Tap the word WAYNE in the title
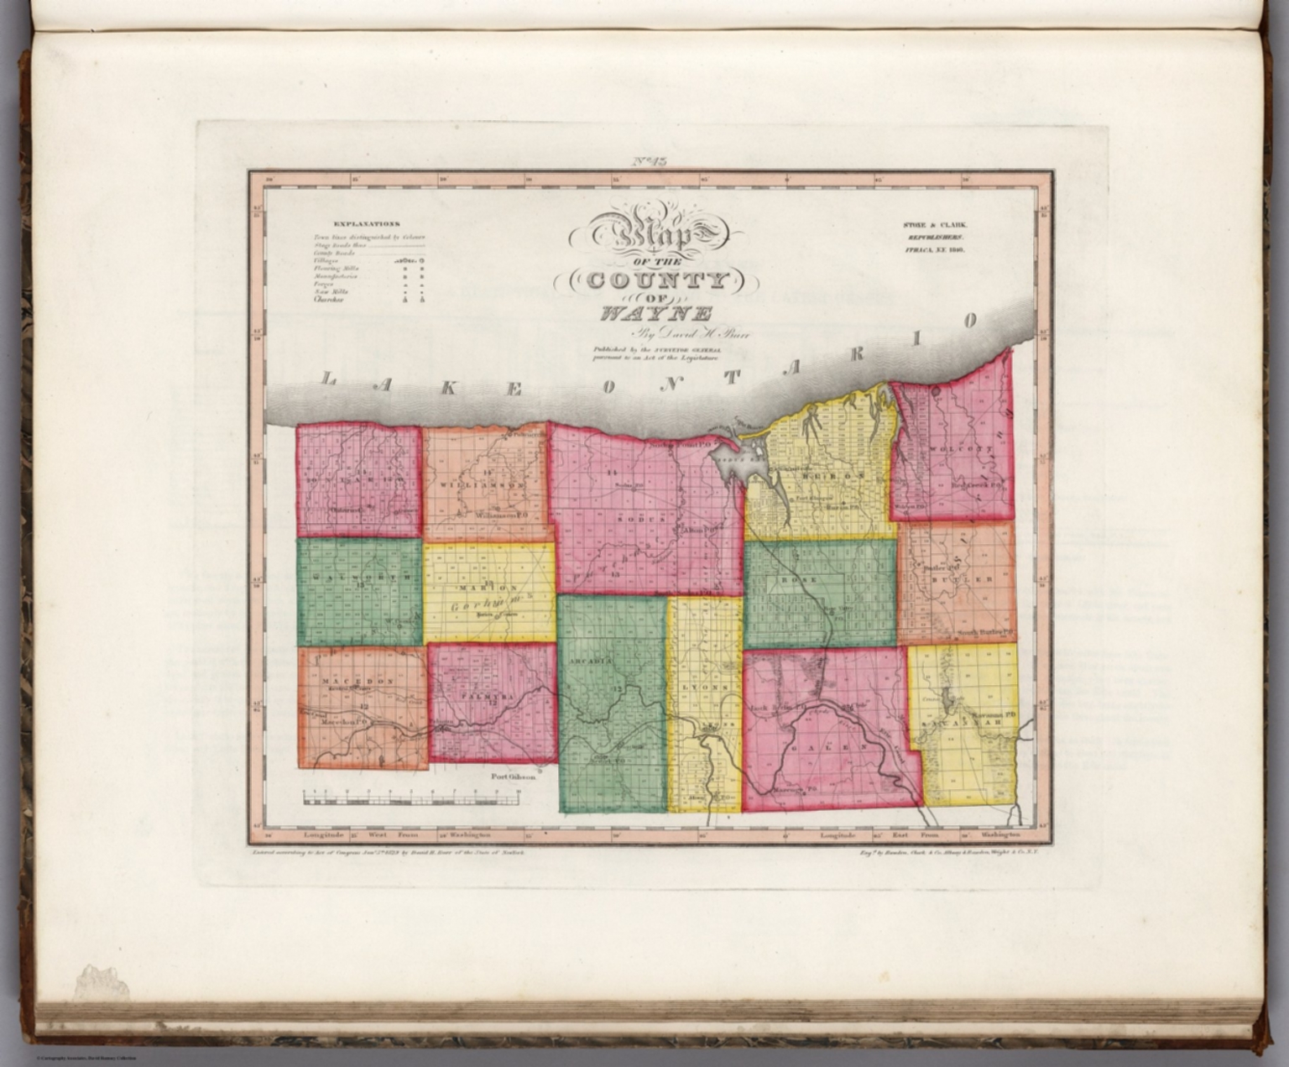pyautogui.click(x=655, y=315)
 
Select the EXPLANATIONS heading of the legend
pyautogui.click(x=367, y=224)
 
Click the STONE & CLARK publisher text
pyautogui.click(x=935, y=225)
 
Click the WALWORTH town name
pyautogui.click(x=360, y=578)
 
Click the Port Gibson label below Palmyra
pyautogui.click(x=514, y=777)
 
